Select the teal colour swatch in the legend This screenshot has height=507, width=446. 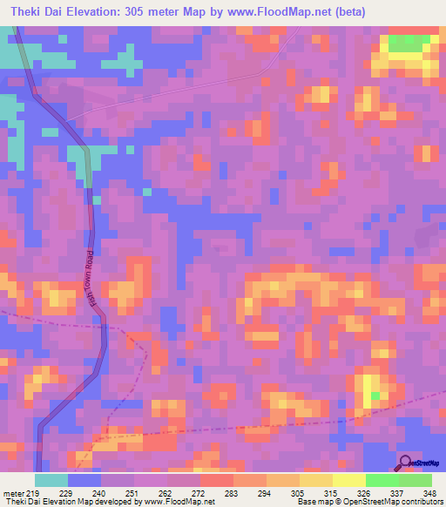tap(51, 480)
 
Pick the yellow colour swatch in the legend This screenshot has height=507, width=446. tap(348, 480)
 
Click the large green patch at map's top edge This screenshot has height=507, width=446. tap(412, 44)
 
